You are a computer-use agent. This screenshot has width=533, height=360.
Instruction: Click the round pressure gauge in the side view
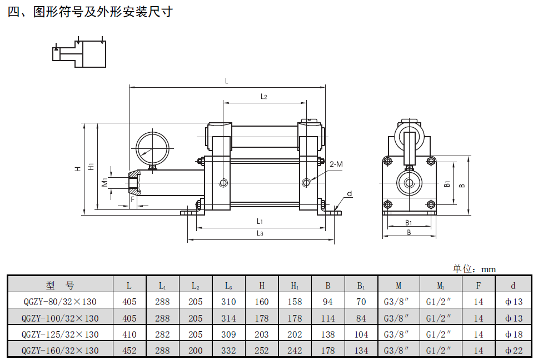152,146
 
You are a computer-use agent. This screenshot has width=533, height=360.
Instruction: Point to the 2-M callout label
336,164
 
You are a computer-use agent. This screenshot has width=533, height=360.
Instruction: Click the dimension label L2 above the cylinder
264,97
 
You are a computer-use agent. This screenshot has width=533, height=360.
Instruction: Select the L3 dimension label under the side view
260,233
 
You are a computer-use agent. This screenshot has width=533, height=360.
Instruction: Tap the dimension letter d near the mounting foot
349,194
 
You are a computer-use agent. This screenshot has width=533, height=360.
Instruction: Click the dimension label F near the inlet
132,198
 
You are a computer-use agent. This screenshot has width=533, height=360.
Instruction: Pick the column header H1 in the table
295,286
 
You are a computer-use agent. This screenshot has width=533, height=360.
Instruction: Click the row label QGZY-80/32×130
60,302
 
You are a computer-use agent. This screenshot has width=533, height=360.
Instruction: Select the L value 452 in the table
129,351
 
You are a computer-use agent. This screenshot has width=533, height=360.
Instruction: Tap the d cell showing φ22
514,351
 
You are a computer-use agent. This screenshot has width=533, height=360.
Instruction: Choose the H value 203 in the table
261,334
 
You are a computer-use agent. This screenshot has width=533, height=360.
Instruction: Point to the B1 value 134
361,351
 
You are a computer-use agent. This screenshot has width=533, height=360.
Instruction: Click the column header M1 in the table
440,286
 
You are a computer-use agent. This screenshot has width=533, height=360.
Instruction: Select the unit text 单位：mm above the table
474,269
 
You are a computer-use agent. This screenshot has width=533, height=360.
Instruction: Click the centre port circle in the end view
409,183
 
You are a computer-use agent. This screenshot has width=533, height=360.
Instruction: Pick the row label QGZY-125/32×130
60,334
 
